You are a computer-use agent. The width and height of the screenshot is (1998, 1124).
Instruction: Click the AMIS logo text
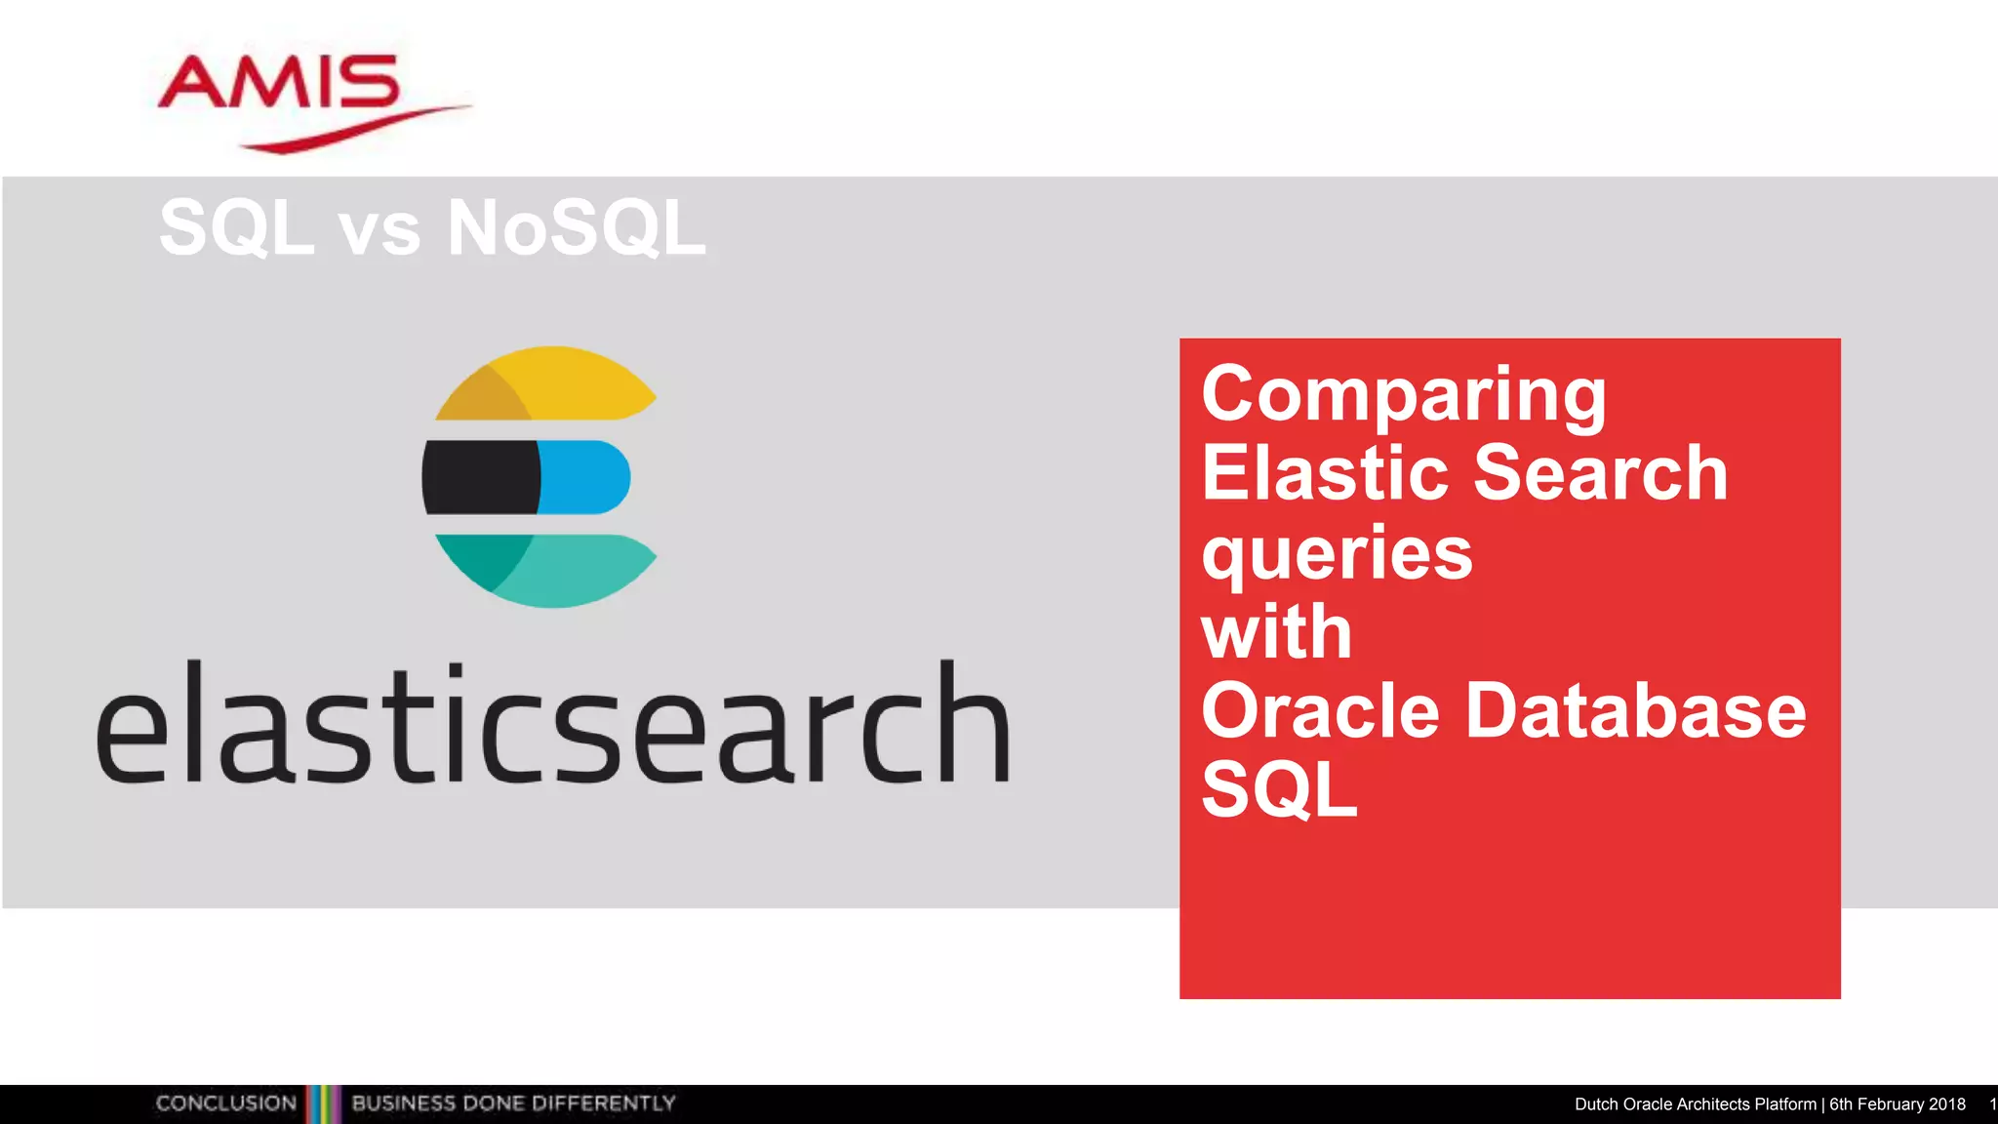click(x=279, y=82)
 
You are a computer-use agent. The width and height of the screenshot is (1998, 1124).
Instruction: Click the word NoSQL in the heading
click(x=576, y=228)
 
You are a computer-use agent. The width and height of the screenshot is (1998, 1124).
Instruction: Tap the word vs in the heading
click(x=379, y=232)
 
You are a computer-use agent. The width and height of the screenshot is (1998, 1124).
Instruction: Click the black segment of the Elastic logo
click(x=480, y=477)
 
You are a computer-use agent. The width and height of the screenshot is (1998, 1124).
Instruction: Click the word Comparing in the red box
click(x=1403, y=395)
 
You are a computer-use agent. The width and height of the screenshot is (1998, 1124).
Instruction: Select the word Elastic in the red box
click(x=1326, y=473)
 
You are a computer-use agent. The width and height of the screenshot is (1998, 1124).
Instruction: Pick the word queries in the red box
click(x=1337, y=554)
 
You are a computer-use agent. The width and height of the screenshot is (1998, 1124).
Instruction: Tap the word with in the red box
click(x=1276, y=632)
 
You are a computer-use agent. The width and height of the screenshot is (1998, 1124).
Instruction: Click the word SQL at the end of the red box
click(x=1278, y=789)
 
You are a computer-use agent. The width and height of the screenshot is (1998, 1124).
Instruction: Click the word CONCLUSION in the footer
click(x=225, y=1104)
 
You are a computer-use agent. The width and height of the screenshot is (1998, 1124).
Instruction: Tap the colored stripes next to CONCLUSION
click(x=324, y=1104)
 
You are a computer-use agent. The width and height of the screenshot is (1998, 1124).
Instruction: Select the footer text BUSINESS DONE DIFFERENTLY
click(x=513, y=1104)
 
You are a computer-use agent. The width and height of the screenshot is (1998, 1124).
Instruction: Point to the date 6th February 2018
click(x=1897, y=1104)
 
